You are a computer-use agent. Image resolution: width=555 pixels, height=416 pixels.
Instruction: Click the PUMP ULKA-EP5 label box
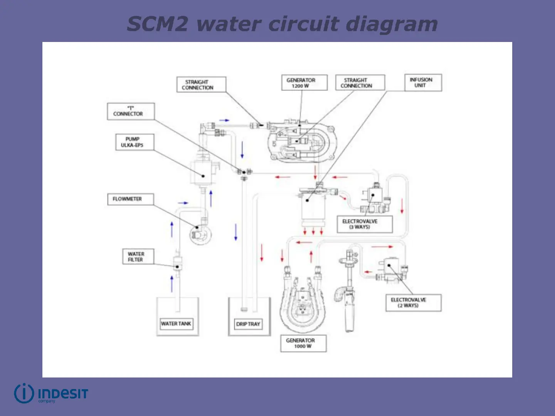(x=135, y=142)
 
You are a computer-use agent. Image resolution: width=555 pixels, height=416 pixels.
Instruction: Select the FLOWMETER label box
(x=130, y=199)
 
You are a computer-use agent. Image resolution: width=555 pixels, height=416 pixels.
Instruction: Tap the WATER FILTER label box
(x=138, y=257)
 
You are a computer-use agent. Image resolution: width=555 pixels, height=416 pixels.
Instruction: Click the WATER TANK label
(x=176, y=324)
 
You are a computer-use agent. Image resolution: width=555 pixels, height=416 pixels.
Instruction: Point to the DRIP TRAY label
(x=248, y=324)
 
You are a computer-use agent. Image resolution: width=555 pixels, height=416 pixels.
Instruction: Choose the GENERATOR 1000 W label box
(x=303, y=343)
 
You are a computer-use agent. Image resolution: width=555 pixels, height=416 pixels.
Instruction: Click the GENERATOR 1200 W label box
(x=304, y=83)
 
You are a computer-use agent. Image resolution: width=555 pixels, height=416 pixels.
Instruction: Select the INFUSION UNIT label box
(x=423, y=82)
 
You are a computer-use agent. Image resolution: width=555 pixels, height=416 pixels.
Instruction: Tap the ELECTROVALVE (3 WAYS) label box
(x=364, y=224)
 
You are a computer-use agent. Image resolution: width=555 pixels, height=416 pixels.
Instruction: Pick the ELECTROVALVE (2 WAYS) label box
(x=413, y=303)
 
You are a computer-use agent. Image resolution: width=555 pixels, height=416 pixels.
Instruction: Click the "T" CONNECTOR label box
(x=131, y=111)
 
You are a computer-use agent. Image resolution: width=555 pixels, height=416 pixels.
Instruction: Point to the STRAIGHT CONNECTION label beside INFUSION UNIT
(x=360, y=83)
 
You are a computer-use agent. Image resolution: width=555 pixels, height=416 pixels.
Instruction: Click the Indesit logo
(x=51, y=393)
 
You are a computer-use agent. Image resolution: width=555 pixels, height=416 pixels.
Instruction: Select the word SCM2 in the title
(x=158, y=24)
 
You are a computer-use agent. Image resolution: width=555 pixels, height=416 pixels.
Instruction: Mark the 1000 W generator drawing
(x=303, y=304)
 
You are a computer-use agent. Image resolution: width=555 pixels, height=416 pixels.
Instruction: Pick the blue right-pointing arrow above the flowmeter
(x=183, y=203)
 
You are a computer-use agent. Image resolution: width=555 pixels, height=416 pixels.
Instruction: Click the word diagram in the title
(x=392, y=24)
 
